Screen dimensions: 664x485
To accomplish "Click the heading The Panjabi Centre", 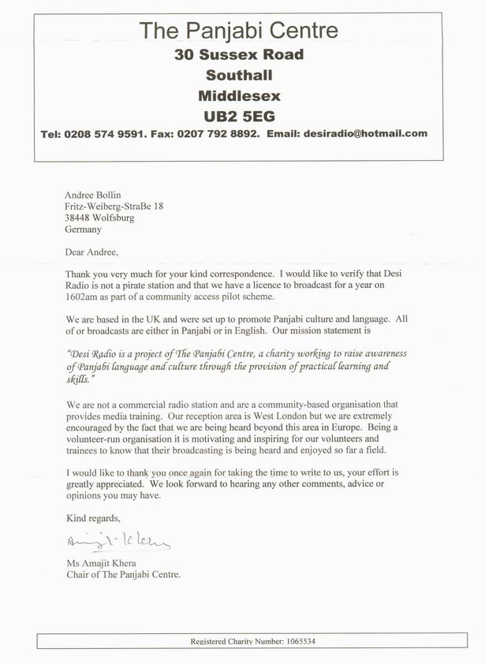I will tap(238, 32).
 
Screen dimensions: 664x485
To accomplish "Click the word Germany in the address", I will tap(84, 230).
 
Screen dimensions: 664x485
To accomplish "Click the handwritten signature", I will tap(118, 543).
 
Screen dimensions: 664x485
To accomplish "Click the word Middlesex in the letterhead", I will tap(238, 96).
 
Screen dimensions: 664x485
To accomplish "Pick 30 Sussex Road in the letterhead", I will tap(238, 55).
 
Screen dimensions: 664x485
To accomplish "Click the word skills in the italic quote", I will tap(76, 380).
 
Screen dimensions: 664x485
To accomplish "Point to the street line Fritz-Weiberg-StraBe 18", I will tap(114, 206).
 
